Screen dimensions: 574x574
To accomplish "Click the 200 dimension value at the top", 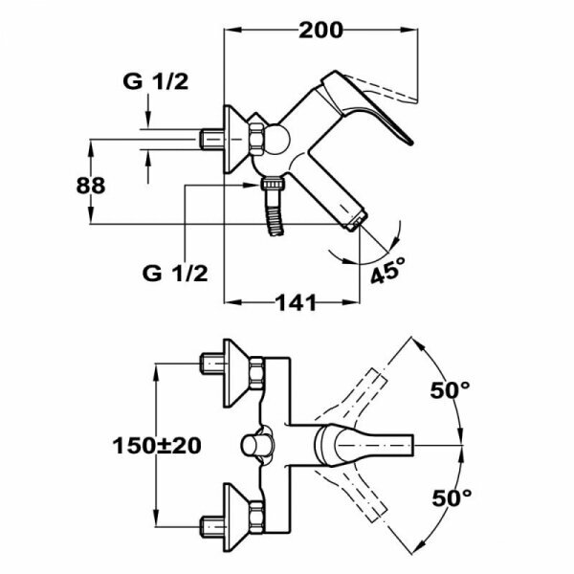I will [x=320, y=30].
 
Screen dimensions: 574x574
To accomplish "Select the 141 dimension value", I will [x=296, y=303].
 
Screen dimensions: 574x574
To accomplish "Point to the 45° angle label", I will [x=388, y=271].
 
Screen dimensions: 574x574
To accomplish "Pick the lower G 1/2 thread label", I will [x=174, y=273].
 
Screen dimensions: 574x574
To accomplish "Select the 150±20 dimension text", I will [x=159, y=445].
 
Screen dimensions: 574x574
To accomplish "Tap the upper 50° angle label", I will [x=451, y=389].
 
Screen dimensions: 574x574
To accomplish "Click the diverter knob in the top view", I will [x=255, y=446].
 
